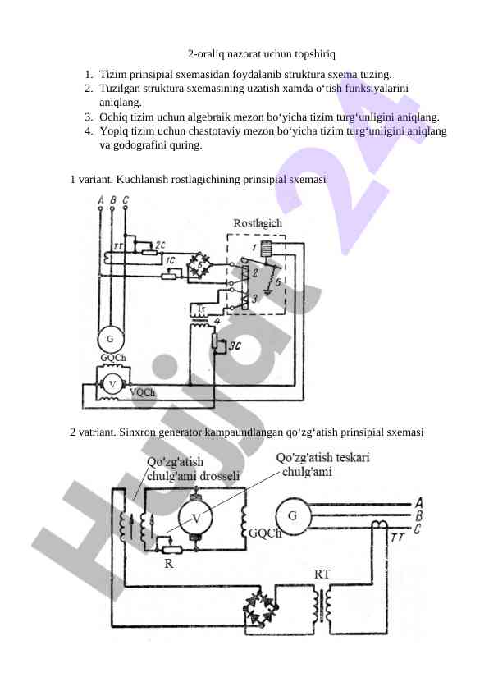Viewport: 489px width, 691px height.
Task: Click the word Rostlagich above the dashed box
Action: point(258,223)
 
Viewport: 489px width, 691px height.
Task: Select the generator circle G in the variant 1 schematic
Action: point(110,339)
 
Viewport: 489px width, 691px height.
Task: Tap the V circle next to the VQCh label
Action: point(112,384)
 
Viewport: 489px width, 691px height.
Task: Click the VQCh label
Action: point(142,392)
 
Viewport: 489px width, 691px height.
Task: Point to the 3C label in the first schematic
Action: point(235,346)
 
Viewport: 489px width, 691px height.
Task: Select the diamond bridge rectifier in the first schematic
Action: point(199,265)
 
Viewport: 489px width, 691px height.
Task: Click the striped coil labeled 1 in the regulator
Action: point(267,249)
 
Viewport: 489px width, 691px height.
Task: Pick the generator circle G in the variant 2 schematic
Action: point(293,515)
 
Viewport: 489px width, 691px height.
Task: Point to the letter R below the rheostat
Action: point(169,563)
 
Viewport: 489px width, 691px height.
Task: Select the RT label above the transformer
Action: point(322,574)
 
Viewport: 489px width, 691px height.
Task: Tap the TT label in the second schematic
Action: point(397,538)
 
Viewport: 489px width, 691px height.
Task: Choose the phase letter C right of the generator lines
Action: point(418,528)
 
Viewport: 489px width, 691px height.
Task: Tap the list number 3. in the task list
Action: point(89,117)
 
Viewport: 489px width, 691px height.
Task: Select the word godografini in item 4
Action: point(140,145)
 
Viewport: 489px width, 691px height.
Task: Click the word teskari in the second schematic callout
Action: point(353,457)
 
